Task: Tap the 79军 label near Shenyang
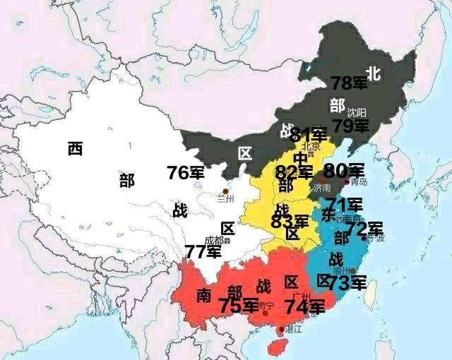click(351, 126)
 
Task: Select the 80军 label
click(344, 170)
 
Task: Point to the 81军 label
click(309, 135)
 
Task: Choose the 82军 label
click(295, 172)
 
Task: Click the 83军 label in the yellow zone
click(290, 222)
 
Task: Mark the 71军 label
click(345, 205)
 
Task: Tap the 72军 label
click(364, 229)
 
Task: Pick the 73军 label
click(347, 283)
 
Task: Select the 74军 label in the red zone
click(304, 306)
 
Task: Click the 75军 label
click(238, 306)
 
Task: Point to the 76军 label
click(186, 172)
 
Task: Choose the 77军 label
click(203, 251)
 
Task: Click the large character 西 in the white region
click(76, 148)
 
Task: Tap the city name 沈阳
click(357, 112)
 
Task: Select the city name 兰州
click(226, 200)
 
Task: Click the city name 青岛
click(359, 182)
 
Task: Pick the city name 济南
click(321, 188)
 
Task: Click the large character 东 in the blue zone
click(328, 213)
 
